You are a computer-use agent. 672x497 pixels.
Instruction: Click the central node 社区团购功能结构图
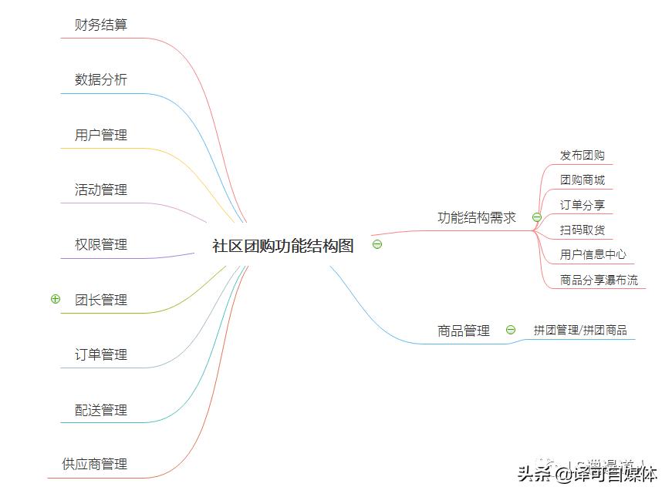282,246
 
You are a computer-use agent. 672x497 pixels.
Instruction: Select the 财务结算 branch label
101,25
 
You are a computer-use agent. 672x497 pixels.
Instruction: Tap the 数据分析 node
101,79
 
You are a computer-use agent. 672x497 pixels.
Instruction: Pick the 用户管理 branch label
101,135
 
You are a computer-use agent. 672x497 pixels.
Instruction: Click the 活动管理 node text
101,190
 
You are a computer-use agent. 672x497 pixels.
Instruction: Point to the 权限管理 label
101,244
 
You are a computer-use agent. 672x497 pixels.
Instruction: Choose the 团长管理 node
101,300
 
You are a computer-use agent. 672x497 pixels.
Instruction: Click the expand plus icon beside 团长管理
55,299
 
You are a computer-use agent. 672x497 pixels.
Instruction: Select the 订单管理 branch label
101,354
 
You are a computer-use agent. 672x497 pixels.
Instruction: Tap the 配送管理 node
101,410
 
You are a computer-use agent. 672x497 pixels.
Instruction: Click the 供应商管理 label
95,464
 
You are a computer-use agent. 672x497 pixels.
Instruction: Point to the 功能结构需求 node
477,217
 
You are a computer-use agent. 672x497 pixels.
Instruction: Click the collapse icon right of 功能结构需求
537,217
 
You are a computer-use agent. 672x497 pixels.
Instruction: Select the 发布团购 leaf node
583,156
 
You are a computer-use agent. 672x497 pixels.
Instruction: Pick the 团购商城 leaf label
583,180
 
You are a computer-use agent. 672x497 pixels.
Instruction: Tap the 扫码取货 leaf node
583,230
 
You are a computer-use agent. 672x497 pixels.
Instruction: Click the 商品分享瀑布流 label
599,280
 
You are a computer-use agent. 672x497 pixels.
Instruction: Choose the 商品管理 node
464,331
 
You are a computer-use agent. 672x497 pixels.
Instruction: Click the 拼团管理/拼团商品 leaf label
580,331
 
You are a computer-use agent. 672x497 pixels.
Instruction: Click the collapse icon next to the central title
377,245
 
